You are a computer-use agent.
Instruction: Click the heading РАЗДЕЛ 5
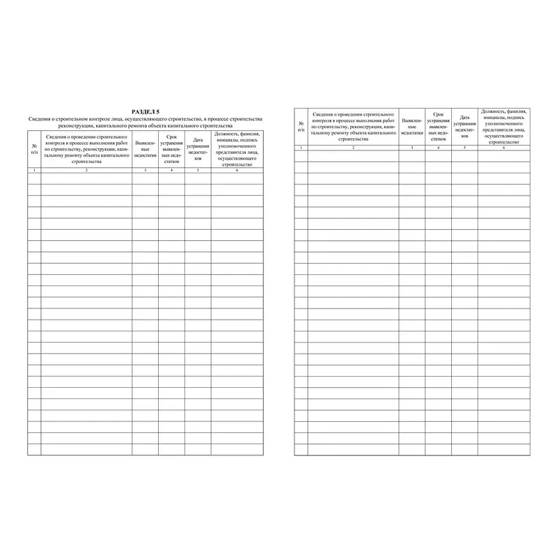pyautogui.click(x=146, y=111)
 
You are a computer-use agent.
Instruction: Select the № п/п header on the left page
pyautogui.click(x=34, y=149)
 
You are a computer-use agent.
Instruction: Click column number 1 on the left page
pyautogui.click(x=34, y=171)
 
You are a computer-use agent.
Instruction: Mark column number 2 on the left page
pyautogui.click(x=86, y=171)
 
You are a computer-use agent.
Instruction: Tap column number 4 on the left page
pyautogui.click(x=171, y=171)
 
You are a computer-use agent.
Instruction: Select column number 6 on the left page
pyautogui.click(x=237, y=171)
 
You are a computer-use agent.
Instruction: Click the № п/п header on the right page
pyautogui.click(x=301, y=127)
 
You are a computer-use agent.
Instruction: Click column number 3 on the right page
pyautogui.click(x=411, y=148)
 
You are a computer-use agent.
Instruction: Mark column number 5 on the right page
pyautogui.click(x=464, y=148)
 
